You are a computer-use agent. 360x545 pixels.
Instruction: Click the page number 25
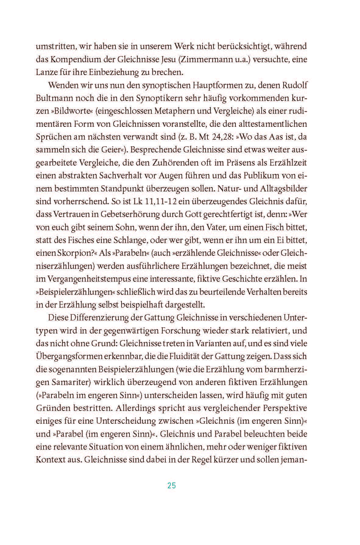[x=171, y=486]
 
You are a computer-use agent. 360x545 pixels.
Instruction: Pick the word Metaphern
[x=174, y=111]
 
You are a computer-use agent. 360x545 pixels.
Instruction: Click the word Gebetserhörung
[x=126, y=214]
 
